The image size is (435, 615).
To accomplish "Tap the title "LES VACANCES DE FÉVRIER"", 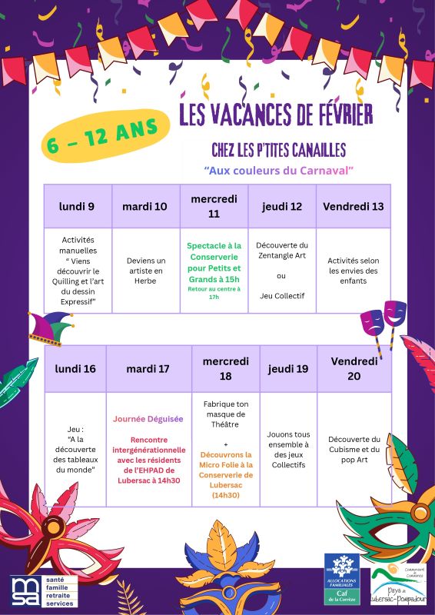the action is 276,115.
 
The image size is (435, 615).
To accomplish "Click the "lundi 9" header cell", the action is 77,206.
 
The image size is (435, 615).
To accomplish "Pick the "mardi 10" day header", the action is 145,206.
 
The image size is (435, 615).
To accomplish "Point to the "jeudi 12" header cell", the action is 282,206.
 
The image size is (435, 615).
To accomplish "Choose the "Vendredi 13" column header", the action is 353,206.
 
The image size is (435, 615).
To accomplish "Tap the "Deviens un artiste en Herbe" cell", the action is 146,271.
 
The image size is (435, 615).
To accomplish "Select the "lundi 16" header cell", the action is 75,369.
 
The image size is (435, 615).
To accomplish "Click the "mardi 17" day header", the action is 148,369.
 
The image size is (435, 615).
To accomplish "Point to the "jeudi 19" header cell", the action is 288,369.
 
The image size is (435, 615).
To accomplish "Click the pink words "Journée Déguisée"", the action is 148,419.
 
